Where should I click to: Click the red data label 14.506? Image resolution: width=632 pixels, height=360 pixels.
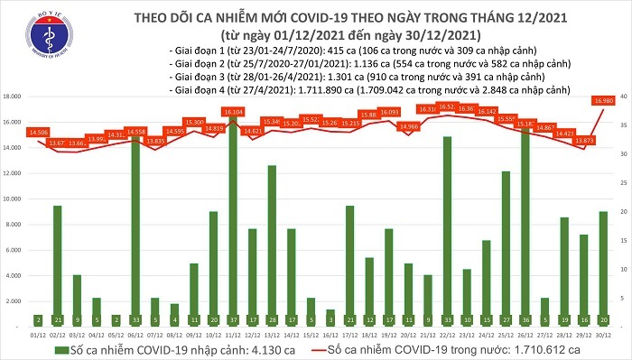(x=39, y=133)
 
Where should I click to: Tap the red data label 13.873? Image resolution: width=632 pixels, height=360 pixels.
(x=582, y=141)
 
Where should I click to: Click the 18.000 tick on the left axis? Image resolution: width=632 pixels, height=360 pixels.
(x=14, y=96)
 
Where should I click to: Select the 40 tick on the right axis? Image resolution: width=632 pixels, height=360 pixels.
(x=623, y=96)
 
